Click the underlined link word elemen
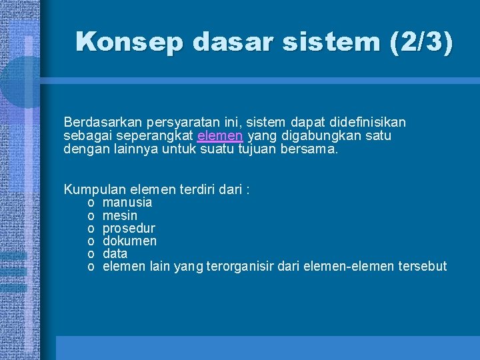pyautogui.click(x=221, y=136)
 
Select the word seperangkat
pyautogui.click(x=157, y=136)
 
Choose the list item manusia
pyautogui.click(x=127, y=202)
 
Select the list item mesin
pyautogui.click(x=120, y=215)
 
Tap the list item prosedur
pyautogui.click(x=129, y=228)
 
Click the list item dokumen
pyautogui.click(x=130, y=241)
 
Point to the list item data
pyautogui.click(x=115, y=254)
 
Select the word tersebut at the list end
pyautogui.click(x=421, y=267)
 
